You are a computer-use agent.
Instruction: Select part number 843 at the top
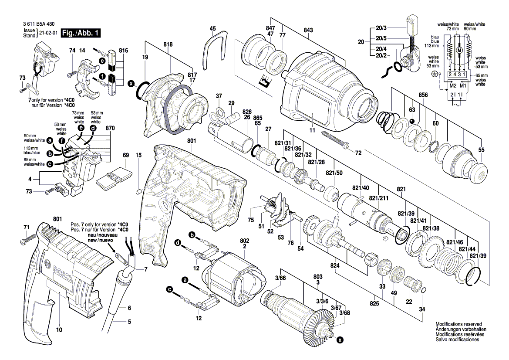pos(308,30)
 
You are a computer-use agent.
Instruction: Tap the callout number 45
pos(212,29)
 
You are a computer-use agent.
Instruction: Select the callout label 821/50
pos(334,173)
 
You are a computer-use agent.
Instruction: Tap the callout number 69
pos(126,155)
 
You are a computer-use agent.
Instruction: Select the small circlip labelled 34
pos(423,291)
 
